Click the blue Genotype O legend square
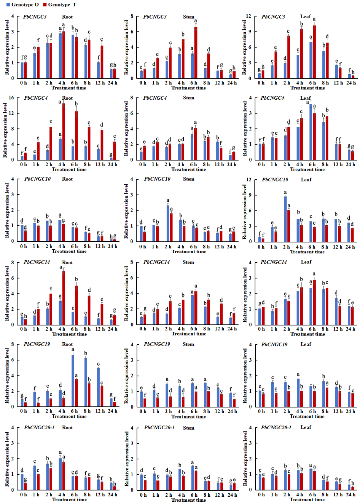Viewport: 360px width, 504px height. tap(8, 4)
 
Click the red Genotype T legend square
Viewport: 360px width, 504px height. tap(45, 4)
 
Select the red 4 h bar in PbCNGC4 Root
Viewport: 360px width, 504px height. tap(64, 131)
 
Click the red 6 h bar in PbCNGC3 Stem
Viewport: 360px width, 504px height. tap(196, 52)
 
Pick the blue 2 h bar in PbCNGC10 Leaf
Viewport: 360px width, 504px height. tap(285, 219)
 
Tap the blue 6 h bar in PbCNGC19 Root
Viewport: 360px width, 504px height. tap(73, 381)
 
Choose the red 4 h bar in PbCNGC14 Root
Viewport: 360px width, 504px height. tap(64, 298)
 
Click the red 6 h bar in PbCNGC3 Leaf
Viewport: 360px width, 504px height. tap(314, 52)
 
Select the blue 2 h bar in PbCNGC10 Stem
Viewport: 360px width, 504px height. tap(168, 223)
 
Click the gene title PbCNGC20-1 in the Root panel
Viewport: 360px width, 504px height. tap(39, 428)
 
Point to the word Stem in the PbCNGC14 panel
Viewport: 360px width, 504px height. tap(188, 262)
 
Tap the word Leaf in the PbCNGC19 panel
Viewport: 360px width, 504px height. tap(306, 344)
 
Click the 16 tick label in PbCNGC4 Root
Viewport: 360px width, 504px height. tap(11, 98)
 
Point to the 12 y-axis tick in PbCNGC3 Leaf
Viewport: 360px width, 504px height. tap(248, 16)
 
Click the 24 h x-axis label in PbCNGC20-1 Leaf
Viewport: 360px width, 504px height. tap(351, 495)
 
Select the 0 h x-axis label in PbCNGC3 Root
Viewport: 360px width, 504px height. tap(24, 83)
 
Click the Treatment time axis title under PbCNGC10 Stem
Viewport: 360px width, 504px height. tap(189, 251)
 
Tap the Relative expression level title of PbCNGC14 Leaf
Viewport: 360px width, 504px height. tap(245, 295)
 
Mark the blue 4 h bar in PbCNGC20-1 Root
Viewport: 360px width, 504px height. tap(60, 474)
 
